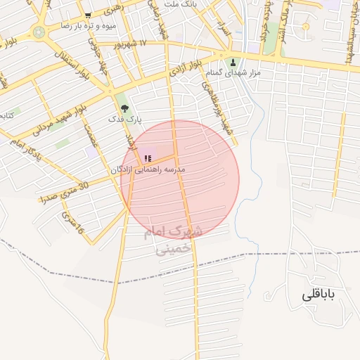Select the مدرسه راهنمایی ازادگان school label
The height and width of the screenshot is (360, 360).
coord(148,170)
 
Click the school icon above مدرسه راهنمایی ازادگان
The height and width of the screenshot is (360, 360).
coord(147,159)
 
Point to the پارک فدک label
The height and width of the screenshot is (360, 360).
coord(124,120)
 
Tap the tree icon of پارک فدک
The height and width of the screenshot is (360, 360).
coord(124,109)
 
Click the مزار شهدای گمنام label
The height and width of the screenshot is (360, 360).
coord(234,72)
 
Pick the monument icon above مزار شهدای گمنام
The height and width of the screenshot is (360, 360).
coord(233,62)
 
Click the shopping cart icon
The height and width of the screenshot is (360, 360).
coord(87,15)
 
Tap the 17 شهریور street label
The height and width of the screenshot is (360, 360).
coord(133,44)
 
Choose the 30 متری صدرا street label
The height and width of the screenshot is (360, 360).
coord(64,192)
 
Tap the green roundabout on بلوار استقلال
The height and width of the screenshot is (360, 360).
coord(39,32)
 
